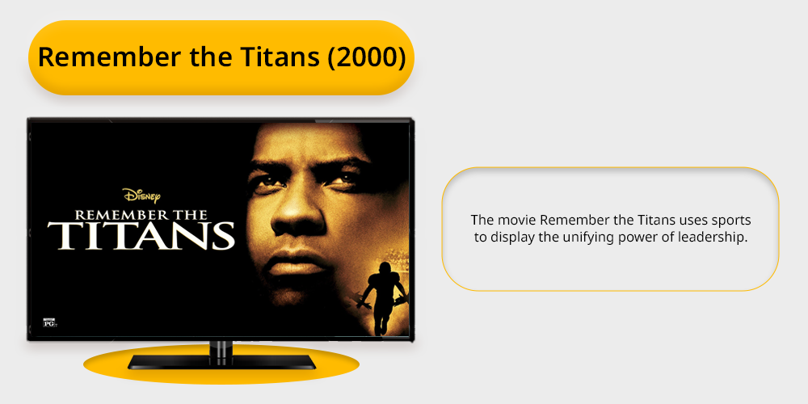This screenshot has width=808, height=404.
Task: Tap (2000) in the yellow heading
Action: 367,57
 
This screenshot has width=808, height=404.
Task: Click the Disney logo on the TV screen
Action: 141,196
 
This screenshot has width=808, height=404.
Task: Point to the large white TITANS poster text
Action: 141,235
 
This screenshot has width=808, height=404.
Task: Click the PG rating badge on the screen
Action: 50,323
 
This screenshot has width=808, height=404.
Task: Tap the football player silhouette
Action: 383,299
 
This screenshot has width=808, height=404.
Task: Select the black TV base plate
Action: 221,362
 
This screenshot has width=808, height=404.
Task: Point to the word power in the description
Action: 633,238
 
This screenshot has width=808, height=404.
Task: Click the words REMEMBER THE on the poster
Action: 141,215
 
